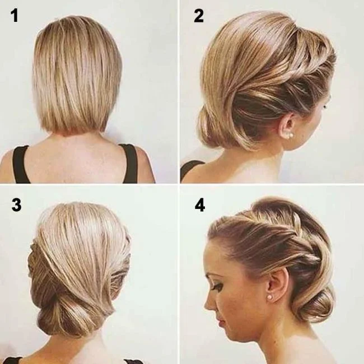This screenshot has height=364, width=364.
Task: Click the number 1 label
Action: point(15,16)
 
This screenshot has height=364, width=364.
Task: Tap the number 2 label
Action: point(199,16)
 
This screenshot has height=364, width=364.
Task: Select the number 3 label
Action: point(16,205)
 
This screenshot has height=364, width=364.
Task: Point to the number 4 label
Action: point(200,205)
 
